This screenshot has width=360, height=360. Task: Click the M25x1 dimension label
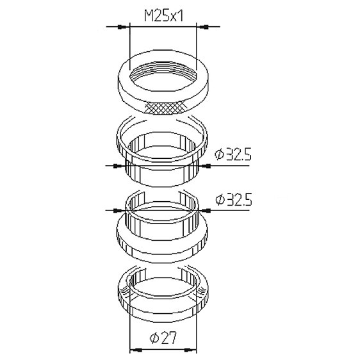pyautogui.click(x=164, y=16)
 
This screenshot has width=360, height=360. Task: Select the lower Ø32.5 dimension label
pyautogui.click(x=234, y=199)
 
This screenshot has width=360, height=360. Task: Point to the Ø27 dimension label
pyautogui.click(x=163, y=338)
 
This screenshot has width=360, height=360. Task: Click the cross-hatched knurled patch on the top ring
pyautogui.click(x=167, y=108)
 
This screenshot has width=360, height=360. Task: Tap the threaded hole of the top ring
pyautogui.click(x=163, y=76)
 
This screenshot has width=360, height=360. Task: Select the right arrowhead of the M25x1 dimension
pyautogui.click(x=202, y=27)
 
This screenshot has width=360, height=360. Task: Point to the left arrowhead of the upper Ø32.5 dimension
pyautogui.click(x=119, y=165)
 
